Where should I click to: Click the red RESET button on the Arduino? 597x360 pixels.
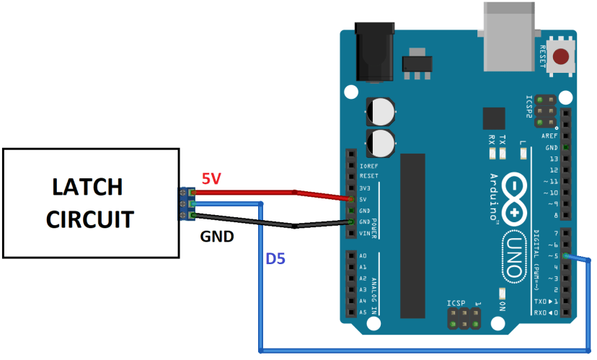(560, 56)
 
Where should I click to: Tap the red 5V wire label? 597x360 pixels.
(211, 178)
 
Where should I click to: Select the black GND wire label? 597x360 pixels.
(216, 235)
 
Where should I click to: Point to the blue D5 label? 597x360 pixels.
(276, 258)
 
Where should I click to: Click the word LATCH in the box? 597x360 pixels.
(88, 187)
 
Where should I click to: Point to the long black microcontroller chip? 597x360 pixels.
(413, 234)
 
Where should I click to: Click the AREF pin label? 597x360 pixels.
(552, 135)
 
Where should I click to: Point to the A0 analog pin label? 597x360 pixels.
(362, 256)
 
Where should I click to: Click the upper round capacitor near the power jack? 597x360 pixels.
(381, 112)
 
